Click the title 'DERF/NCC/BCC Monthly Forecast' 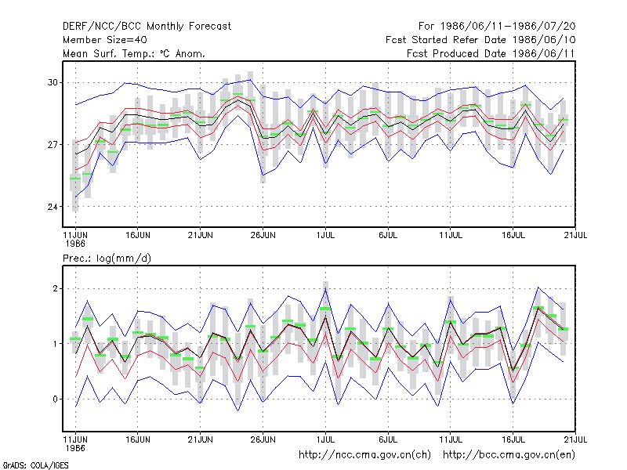(147, 27)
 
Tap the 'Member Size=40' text (105, 40)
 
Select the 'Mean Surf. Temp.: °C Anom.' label (133, 53)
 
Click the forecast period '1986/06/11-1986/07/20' (508, 27)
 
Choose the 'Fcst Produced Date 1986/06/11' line (491, 53)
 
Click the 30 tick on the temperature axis (53, 83)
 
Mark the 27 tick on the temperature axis (53, 145)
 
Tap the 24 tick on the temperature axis (53, 207)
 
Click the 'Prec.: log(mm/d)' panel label (107, 258)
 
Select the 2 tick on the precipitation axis (55, 288)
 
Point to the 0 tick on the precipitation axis (55, 399)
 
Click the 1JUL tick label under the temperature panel (325, 235)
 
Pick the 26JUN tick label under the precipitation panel (263, 439)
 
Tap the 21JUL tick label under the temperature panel (575, 235)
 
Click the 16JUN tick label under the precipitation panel (138, 439)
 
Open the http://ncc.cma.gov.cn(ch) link (364, 455)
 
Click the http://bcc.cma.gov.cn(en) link (509, 455)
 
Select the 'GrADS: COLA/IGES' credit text (35, 465)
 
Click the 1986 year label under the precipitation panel (75, 448)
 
